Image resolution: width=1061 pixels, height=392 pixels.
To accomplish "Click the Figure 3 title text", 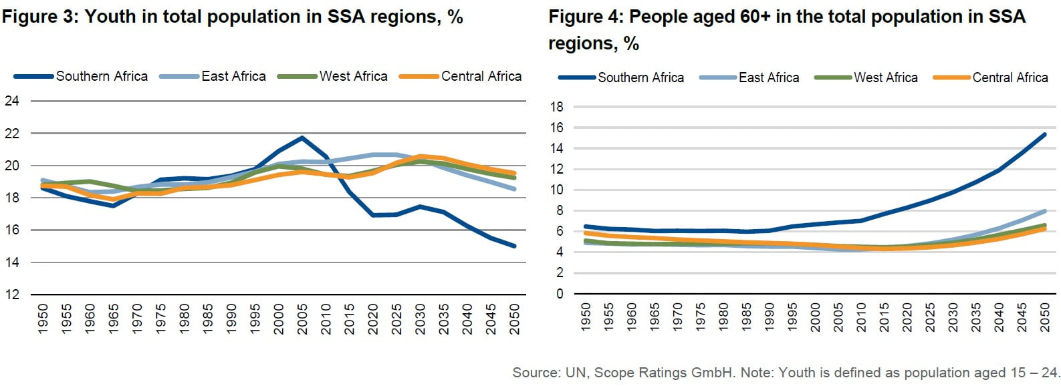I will click(232, 16).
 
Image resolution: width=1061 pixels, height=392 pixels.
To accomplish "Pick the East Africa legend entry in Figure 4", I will click(768, 77).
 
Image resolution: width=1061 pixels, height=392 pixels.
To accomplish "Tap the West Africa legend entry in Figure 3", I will click(353, 76).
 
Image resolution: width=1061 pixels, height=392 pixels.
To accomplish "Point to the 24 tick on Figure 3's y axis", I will click(12, 101).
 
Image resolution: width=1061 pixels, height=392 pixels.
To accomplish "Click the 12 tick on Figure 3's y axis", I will click(12, 295).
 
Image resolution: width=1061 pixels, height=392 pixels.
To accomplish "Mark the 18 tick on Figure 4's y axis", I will click(556, 107).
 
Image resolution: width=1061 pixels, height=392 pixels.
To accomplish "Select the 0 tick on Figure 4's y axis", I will click(560, 294).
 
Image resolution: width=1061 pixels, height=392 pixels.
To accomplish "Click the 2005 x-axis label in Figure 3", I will click(302, 319).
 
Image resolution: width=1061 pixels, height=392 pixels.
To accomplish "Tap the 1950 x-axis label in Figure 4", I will click(586, 317).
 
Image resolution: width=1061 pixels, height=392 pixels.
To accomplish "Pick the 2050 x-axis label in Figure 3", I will click(514, 319).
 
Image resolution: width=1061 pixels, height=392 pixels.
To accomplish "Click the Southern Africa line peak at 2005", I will click(302, 138).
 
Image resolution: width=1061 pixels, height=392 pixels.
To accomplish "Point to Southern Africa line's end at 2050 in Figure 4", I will click(1044, 134).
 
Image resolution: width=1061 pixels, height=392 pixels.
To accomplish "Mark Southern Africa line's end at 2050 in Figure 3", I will click(514, 246).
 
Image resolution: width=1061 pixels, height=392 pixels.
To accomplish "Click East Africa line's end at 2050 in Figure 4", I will click(1044, 211).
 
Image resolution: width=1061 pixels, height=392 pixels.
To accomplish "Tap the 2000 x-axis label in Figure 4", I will click(815, 317).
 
